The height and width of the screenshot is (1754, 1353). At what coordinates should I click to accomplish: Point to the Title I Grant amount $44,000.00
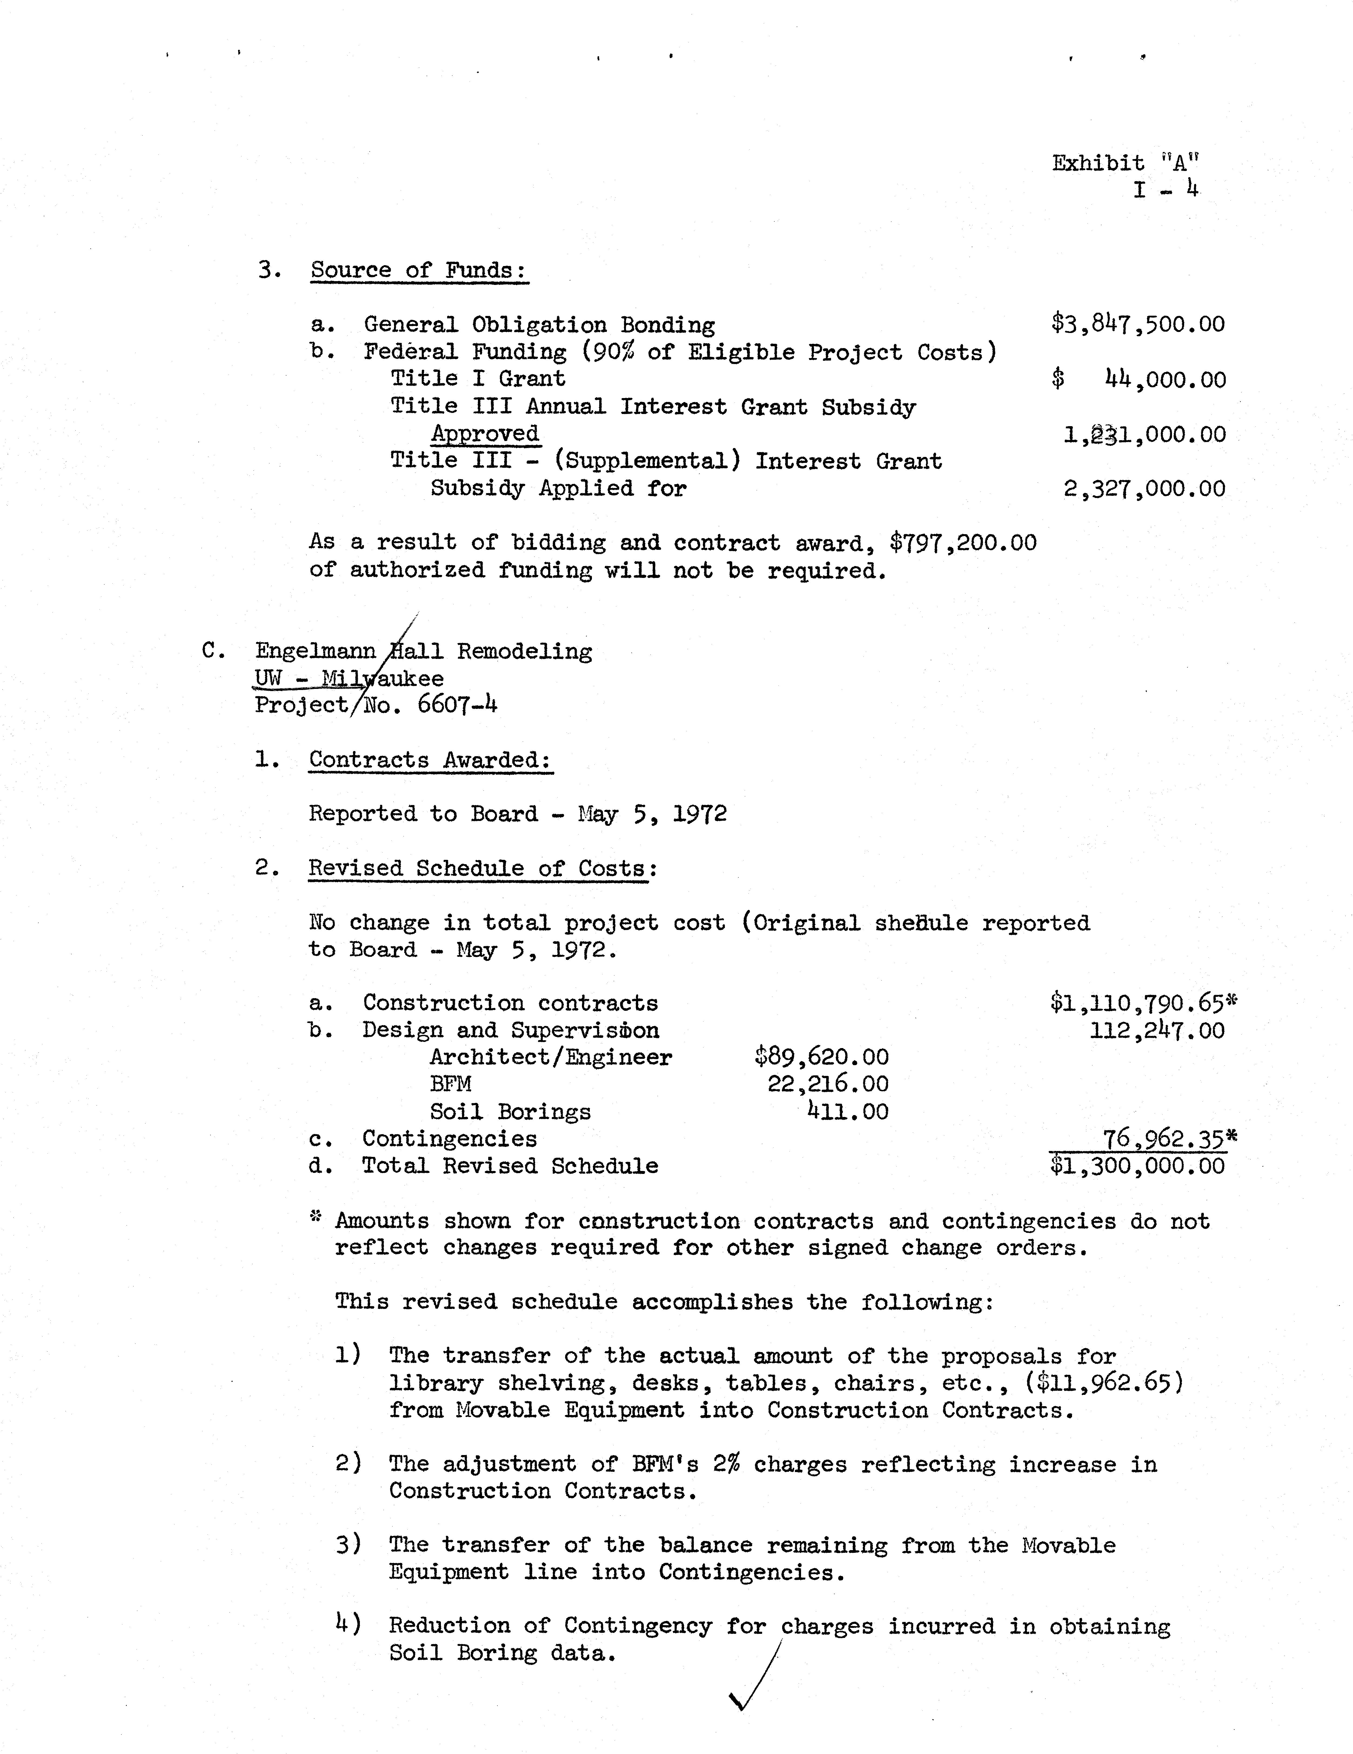1138,379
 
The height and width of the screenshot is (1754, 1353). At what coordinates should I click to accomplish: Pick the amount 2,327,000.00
1144,488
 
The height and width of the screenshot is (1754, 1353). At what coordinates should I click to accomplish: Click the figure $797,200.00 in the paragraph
963,543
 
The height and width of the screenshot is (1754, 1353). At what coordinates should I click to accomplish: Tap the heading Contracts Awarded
431,760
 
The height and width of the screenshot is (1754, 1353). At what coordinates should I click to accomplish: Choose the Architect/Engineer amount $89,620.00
821,1057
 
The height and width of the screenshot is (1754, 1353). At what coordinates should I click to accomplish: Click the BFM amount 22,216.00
828,1084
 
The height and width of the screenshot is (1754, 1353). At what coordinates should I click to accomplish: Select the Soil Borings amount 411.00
848,1112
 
